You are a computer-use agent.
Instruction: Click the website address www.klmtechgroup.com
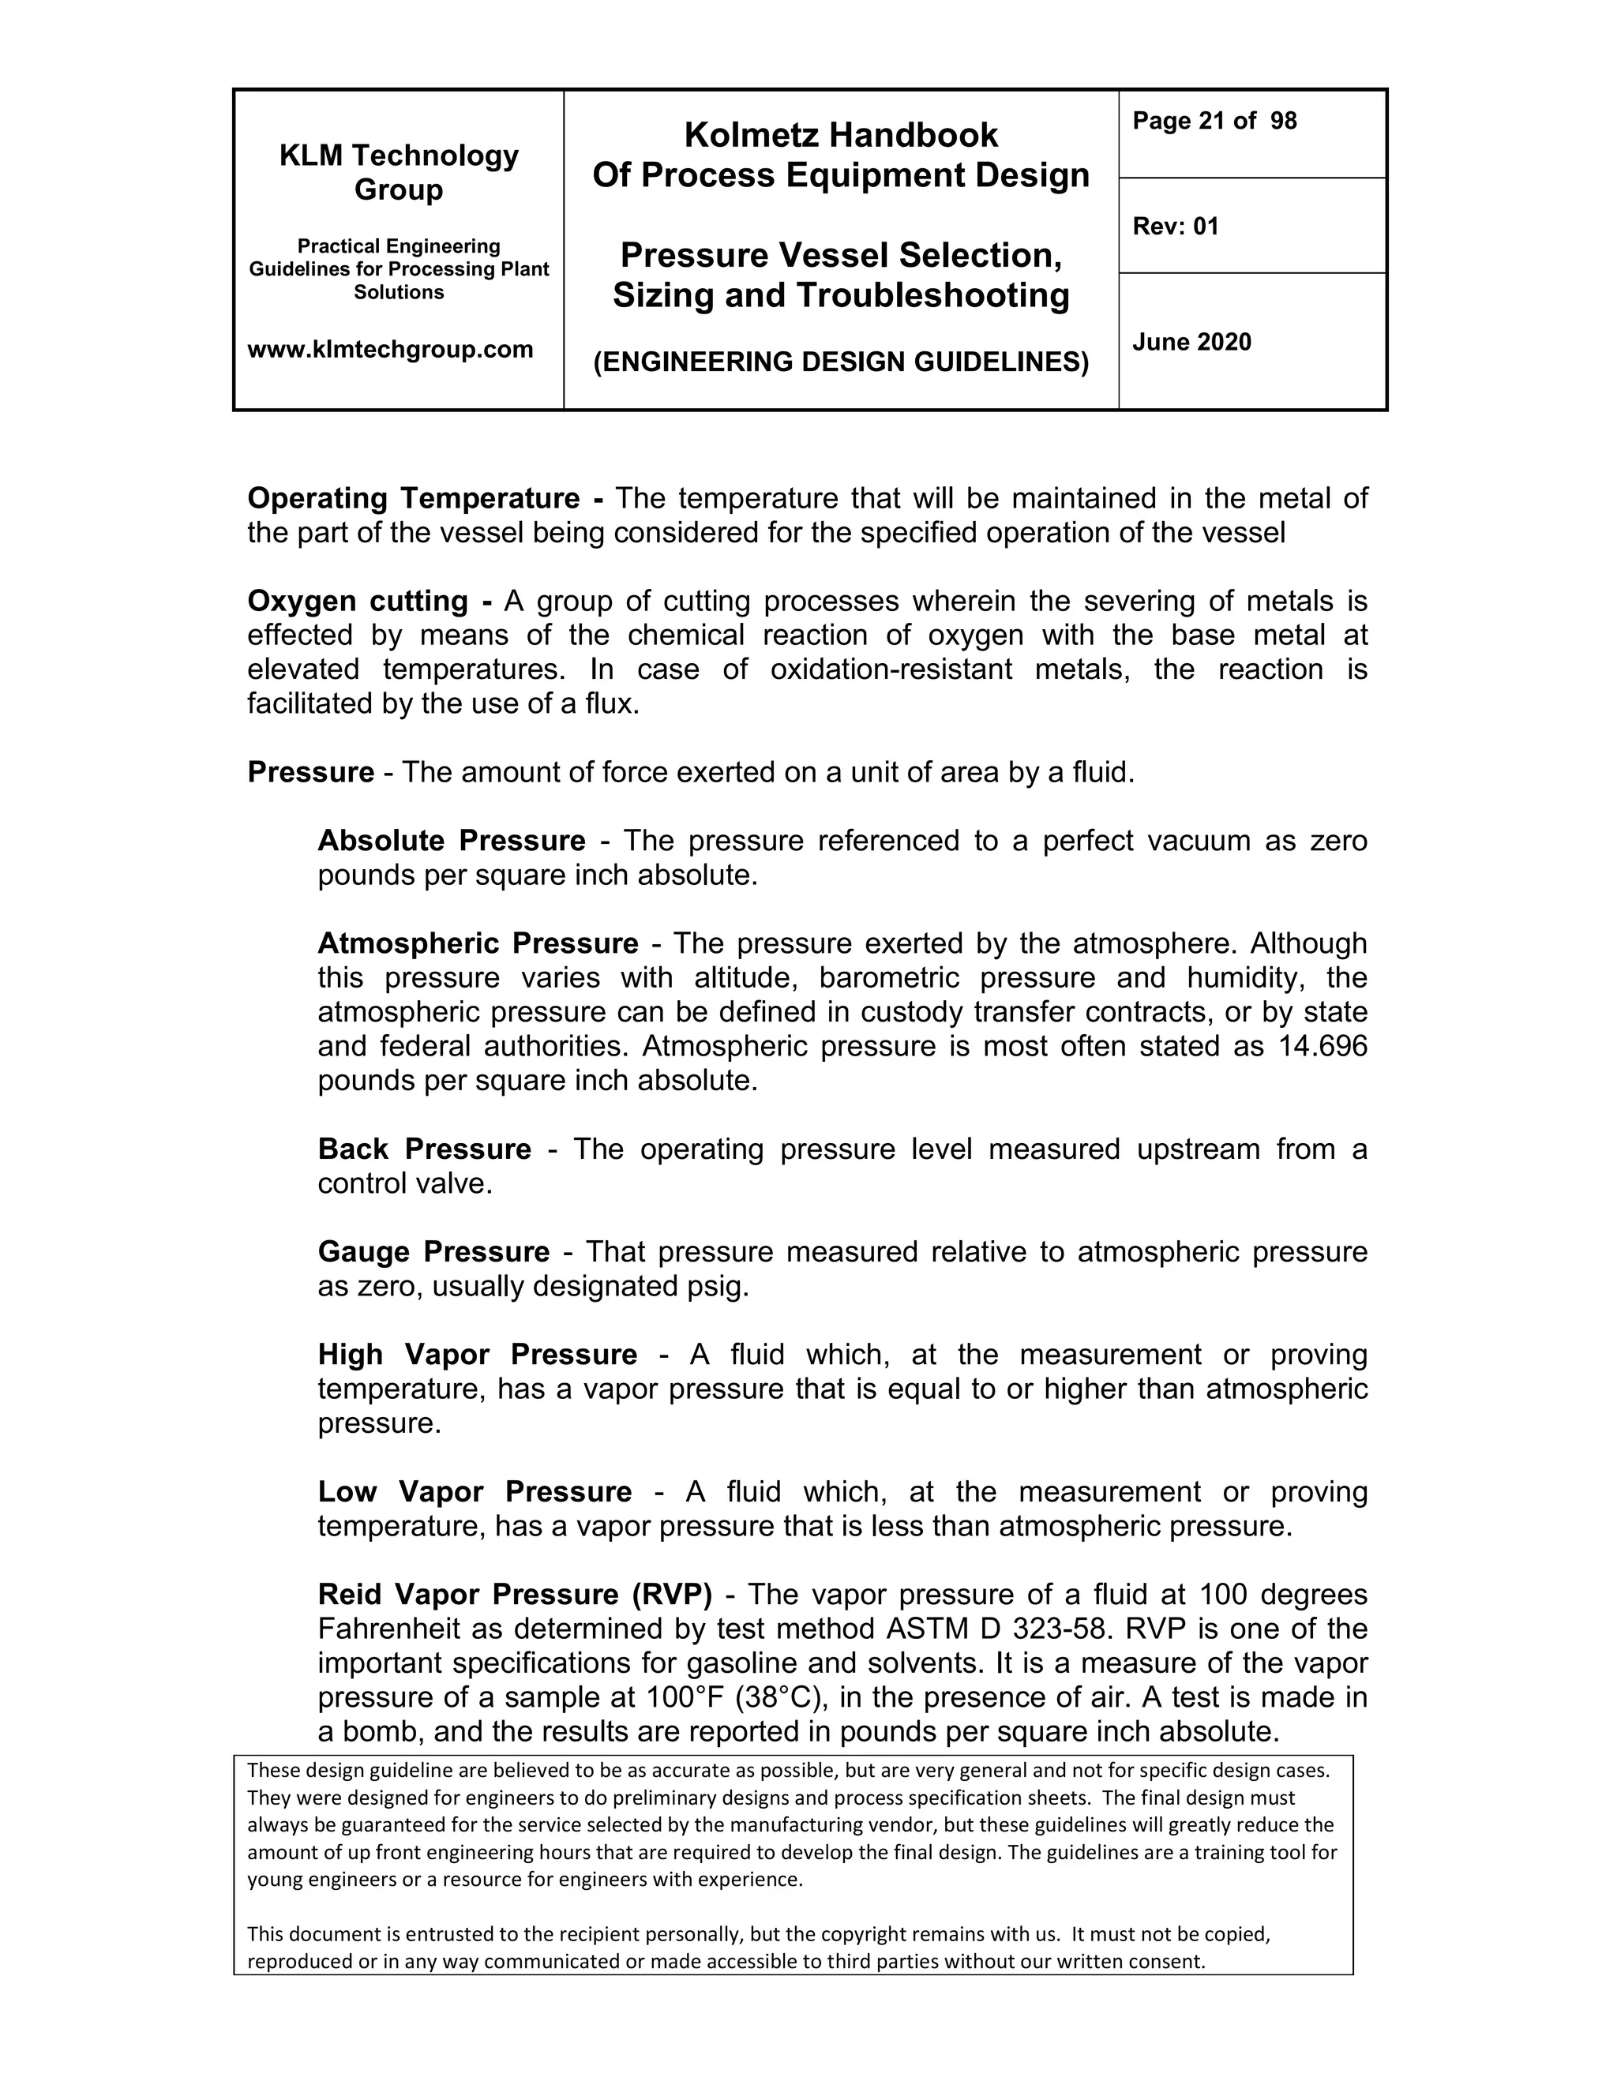coord(390,350)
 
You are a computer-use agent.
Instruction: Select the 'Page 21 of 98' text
coord(1214,121)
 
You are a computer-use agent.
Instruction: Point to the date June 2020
coord(1191,342)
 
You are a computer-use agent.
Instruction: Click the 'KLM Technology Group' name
coord(399,172)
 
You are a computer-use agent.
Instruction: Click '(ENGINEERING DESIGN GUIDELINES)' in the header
coord(840,362)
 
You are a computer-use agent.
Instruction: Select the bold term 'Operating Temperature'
coord(413,498)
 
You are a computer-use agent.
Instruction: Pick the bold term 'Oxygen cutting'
coord(358,601)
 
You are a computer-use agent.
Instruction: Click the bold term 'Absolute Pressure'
coord(451,840)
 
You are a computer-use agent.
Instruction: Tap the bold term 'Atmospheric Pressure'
coord(478,943)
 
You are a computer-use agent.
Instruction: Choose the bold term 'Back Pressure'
coord(424,1149)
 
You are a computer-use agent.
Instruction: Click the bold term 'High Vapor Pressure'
coord(477,1355)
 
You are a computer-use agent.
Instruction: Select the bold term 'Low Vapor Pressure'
coord(475,1491)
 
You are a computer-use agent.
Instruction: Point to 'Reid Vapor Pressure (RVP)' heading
coord(516,1594)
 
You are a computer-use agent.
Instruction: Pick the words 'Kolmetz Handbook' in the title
coord(840,135)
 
